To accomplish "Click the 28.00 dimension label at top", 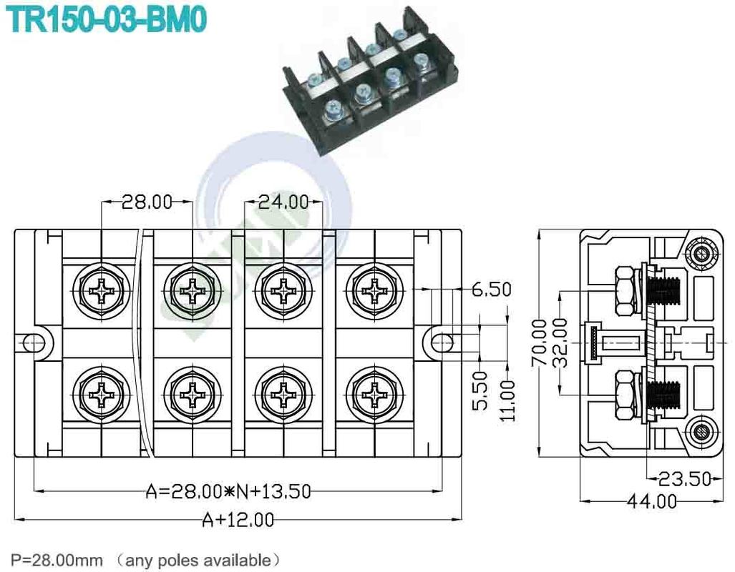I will (x=147, y=202).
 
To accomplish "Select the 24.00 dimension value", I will (x=283, y=202).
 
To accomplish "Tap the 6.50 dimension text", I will (x=491, y=290).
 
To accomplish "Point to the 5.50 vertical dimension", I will (x=480, y=390).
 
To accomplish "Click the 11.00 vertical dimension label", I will (x=507, y=400).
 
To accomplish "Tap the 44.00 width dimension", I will (x=651, y=501).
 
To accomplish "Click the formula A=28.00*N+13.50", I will (x=228, y=491).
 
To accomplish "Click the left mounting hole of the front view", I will (x=33, y=342).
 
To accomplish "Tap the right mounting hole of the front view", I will (x=439, y=342).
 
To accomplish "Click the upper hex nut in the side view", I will (x=625, y=290).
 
